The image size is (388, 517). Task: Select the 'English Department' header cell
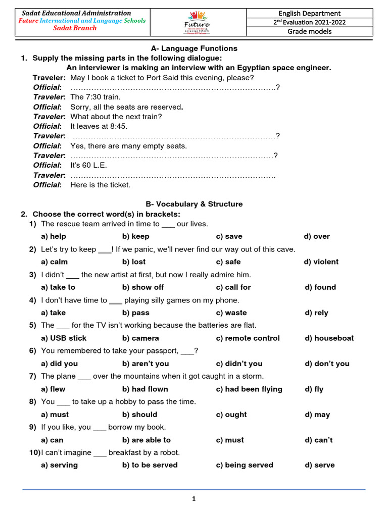[310, 13]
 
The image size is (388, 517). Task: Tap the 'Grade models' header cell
[310, 31]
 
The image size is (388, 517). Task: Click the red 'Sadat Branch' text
[75, 28]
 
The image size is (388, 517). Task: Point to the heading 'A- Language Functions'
[194, 48]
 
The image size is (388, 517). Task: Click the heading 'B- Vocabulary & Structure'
[194, 204]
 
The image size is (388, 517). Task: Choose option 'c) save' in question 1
[229, 236]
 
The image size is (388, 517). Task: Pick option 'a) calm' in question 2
[54, 262]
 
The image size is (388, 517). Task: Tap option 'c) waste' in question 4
[231, 313]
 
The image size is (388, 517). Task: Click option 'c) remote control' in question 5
[248, 338]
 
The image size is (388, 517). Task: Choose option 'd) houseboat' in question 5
[329, 338]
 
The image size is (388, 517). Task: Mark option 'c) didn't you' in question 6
[239, 364]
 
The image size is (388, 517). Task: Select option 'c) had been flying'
[249, 389]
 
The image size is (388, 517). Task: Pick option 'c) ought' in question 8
[231, 415]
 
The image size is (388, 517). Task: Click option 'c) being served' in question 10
[244, 465]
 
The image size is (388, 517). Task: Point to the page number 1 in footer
[193, 499]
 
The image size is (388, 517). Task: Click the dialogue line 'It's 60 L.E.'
[89, 165]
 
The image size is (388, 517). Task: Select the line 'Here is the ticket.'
[100, 185]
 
